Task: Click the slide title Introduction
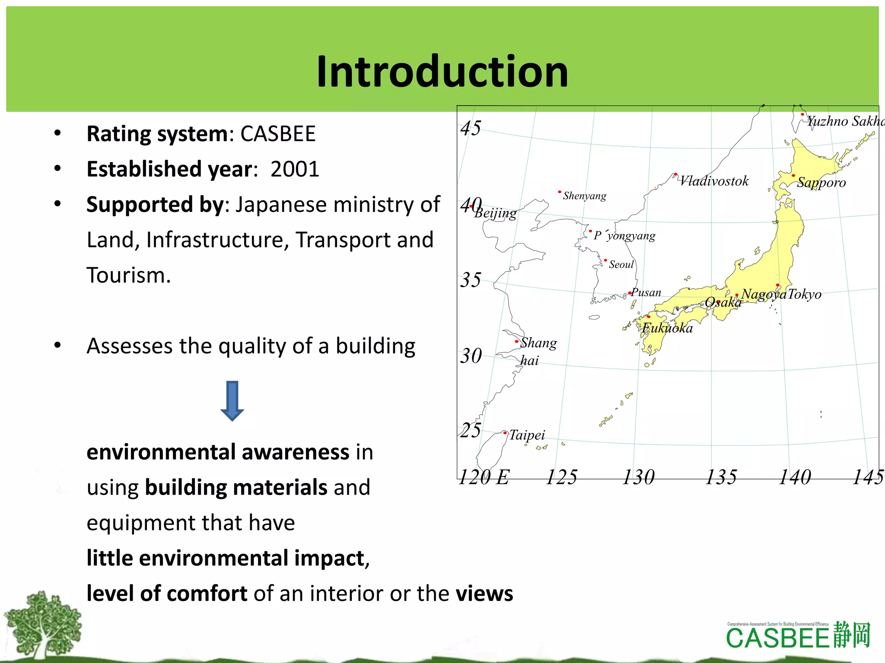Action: tap(442, 72)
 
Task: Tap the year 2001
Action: tap(295, 169)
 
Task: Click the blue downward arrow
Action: tap(232, 401)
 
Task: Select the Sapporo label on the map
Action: tap(821, 182)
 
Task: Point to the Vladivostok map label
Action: tap(714, 181)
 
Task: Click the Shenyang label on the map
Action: tap(584, 196)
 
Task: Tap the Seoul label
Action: tap(621, 265)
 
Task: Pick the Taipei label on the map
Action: tap(527, 435)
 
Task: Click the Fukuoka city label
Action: tap(668, 328)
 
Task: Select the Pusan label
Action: tap(646, 293)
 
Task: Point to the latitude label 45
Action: tap(471, 128)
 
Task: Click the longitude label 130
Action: tap(638, 477)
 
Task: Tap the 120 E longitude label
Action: tap(484, 477)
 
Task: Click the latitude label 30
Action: tap(471, 357)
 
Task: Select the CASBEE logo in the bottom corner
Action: tap(798, 636)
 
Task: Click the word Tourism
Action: tap(128, 275)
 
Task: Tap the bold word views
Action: tap(484, 594)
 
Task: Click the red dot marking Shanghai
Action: tap(516, 341)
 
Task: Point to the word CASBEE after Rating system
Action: tap(278, 134)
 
